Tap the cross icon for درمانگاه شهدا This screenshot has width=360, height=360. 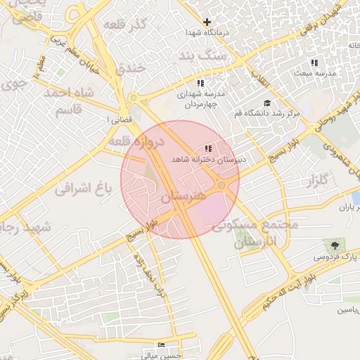point(207,22)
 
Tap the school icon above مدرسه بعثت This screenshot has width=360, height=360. point(314,63)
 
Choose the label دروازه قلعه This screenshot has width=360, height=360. point(136,141)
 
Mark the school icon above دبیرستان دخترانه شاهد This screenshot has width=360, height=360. point(207,149)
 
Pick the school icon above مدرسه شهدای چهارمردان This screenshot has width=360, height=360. point(201,83)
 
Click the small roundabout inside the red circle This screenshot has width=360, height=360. point(222,185)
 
